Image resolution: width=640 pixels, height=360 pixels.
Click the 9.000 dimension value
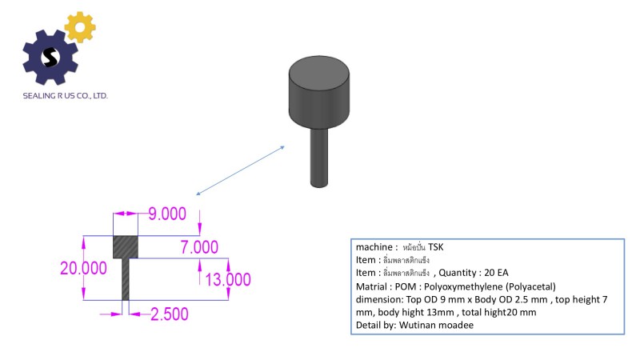(x=167, y=214)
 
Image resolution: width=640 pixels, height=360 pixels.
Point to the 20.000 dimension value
(x=83, y=268)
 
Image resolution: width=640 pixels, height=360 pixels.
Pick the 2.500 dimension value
(x=169, y=314)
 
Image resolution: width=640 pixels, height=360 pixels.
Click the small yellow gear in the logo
(x=79, y=27)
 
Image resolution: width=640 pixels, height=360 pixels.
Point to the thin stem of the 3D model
(x=319, y=155)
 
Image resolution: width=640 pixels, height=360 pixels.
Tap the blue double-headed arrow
(x=240, y=170)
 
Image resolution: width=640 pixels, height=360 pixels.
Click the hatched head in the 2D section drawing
(x=125, y=246)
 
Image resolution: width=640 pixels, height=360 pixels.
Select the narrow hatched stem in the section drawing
(x=126, y=278)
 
